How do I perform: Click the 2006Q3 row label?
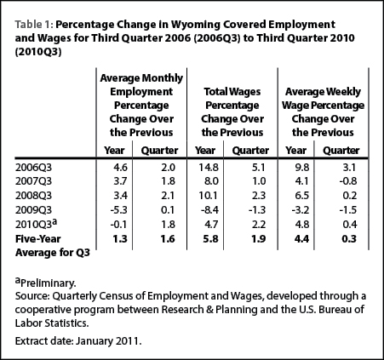tap(33, 168)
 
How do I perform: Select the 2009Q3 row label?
tap(33, 210)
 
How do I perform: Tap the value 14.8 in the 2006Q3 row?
tap(209, 168)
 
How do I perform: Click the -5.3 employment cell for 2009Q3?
tap(119, 210)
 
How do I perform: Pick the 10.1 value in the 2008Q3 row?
tap(209, 196)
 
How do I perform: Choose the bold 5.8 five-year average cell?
tap(211, 239)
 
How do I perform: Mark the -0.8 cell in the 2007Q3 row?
tap(348, 181)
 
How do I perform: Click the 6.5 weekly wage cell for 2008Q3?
tap(302, 196)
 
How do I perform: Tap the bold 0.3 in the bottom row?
tap(349, 239)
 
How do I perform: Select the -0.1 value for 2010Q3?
tap(119, 225)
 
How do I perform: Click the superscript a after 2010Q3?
tap(55, 222)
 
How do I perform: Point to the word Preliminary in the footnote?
tap(48, 283)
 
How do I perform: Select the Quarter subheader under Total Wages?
tap(250, 151)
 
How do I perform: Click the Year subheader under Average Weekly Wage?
tap(295, 151)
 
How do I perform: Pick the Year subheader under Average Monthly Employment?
tap(114, 151)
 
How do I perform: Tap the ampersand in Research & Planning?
tap(209, 309)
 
